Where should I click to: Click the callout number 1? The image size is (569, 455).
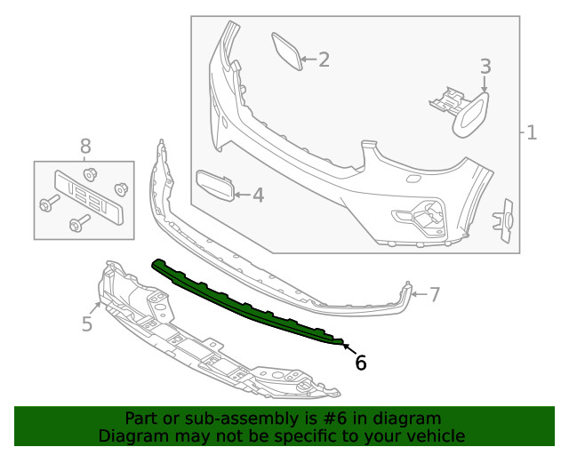point(532,134)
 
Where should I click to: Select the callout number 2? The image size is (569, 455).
point(324,60)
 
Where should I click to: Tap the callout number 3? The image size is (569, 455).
point(485,66)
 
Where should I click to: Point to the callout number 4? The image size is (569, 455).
point(258,195)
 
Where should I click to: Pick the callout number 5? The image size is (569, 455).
point(87,324)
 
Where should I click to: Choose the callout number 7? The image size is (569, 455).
point(435,294)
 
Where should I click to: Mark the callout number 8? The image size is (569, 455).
point(85,145)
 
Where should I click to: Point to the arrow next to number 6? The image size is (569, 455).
point(346,347)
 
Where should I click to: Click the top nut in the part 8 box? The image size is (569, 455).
point(89,172)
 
